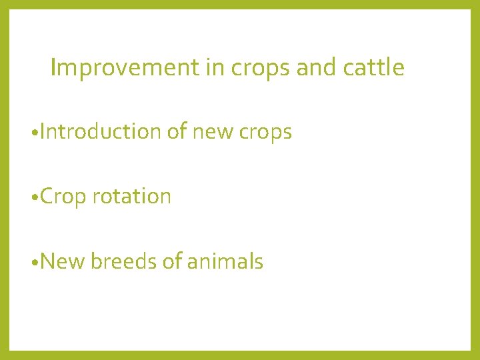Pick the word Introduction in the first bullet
coord(100,132)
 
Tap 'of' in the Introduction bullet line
coord(177,132)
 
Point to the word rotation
coord(131,197)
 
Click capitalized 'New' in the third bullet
coord(62,261)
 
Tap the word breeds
coord(123,261)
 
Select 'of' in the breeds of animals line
coord(173,261)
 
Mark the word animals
coord(225,261)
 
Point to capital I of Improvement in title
coord(53,67)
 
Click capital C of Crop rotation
coord(47,197)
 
